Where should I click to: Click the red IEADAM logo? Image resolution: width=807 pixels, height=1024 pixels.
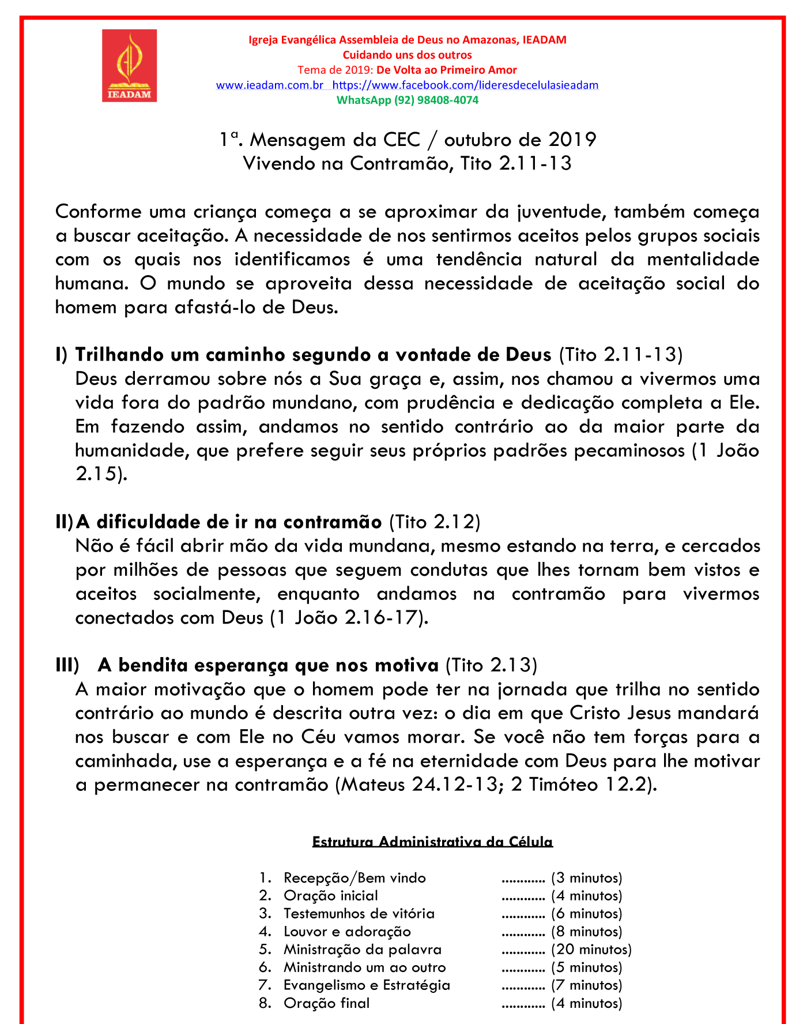(129, 66)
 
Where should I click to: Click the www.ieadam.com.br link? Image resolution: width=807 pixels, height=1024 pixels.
(269, 85)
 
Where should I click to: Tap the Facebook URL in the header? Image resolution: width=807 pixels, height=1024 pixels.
(466, 85)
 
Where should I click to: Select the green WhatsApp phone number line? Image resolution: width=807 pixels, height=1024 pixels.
(407, 100)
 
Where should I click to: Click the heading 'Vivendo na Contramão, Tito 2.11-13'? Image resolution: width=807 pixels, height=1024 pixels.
(407, 163)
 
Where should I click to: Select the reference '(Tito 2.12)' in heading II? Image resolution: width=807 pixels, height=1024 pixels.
(435, 522)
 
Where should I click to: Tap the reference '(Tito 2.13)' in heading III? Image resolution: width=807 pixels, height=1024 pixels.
(491, 665)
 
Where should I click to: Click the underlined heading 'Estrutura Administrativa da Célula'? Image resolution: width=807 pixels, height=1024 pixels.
(432, 842)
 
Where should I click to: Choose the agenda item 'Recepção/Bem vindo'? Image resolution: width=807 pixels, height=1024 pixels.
(355, 878)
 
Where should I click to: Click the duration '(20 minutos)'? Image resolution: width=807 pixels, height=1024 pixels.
(591, 950)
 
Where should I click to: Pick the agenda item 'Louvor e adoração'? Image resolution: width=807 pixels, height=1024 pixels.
(347, 932)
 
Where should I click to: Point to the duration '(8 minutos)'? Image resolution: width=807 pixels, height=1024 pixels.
(586, 932)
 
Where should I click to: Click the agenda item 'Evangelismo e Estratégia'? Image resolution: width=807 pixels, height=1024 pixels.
(367, 985)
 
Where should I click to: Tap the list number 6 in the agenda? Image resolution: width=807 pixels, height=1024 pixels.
(265, 967)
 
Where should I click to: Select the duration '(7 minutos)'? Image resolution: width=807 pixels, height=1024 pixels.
(586, 985)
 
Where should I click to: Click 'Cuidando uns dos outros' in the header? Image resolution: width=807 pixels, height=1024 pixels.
(407, 55)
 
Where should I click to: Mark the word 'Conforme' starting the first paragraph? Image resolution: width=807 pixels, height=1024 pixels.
(98, 212)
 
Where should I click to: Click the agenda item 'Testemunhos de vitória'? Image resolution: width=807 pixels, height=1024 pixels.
(359, 914)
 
